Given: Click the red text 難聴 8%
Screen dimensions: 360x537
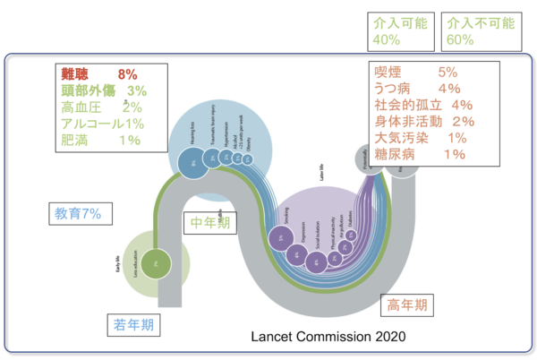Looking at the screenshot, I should pyautogui.click(x=99, y=73).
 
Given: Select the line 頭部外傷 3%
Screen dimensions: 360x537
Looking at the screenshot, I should pyautogui.click(x=103, y=90).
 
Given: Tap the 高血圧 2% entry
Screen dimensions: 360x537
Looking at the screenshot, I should pyautogui.click(x=101, y=107).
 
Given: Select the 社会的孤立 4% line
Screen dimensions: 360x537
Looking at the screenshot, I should pyautogui.click(x=424, y=105).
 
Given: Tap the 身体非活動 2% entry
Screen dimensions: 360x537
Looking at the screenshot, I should pyautogui.click(x=424, y=121).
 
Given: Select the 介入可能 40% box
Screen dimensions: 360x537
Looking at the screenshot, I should pyautogui.click(x=400, y=30).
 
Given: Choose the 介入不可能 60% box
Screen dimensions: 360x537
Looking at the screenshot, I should pyautogui.click(x=480, y=30).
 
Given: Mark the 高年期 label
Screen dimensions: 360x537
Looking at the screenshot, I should pyautogui.click(x=407, y=304).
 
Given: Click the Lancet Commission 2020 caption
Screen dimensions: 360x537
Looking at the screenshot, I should pyautogui.click(x=328, y=337).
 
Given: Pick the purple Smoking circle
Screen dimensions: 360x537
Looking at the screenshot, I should pyautogui.click(x=282, y=238).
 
